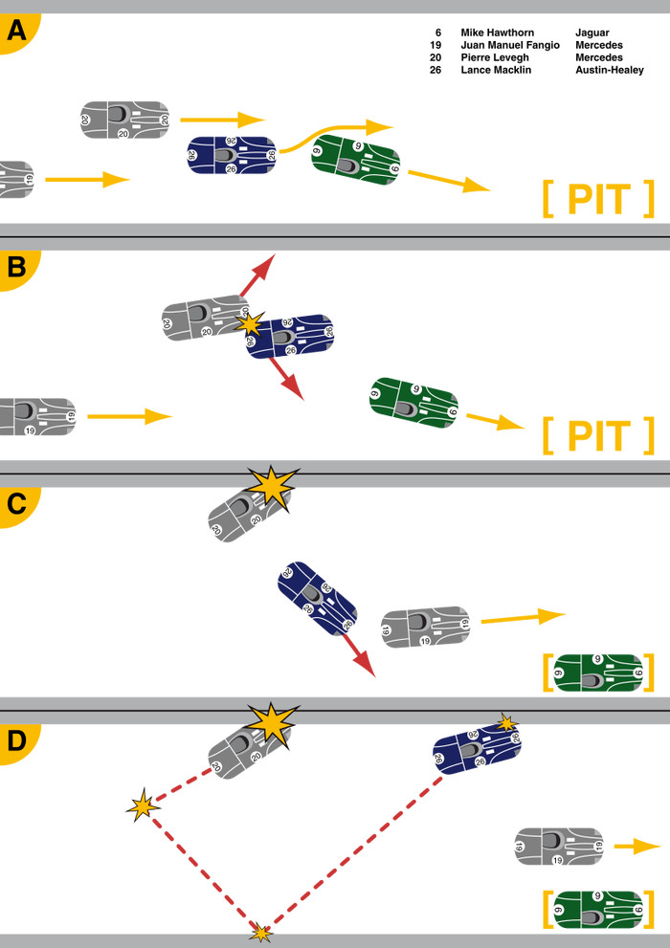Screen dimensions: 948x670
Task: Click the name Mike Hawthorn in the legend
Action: tap(498, 33)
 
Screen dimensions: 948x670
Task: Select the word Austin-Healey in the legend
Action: tap(609, 70)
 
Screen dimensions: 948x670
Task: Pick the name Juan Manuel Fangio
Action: tap(509, 45)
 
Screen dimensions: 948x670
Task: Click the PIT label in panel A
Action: tap(598, 199)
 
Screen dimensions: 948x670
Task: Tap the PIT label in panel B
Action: tap(598, 435)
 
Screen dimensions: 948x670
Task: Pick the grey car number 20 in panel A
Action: tap(124, 120)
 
